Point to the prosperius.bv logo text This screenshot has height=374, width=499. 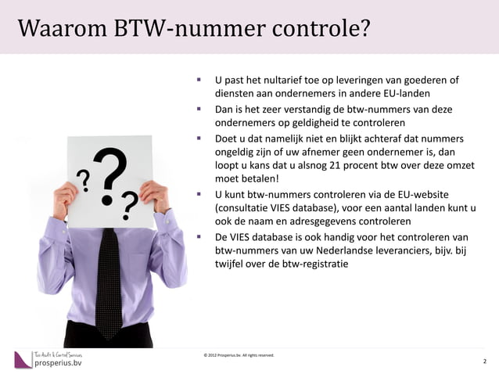click(56, 363)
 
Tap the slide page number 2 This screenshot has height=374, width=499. click(485, 361)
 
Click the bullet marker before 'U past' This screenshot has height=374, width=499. click(199, 80)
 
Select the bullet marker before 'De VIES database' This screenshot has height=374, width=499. click(199, 236)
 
